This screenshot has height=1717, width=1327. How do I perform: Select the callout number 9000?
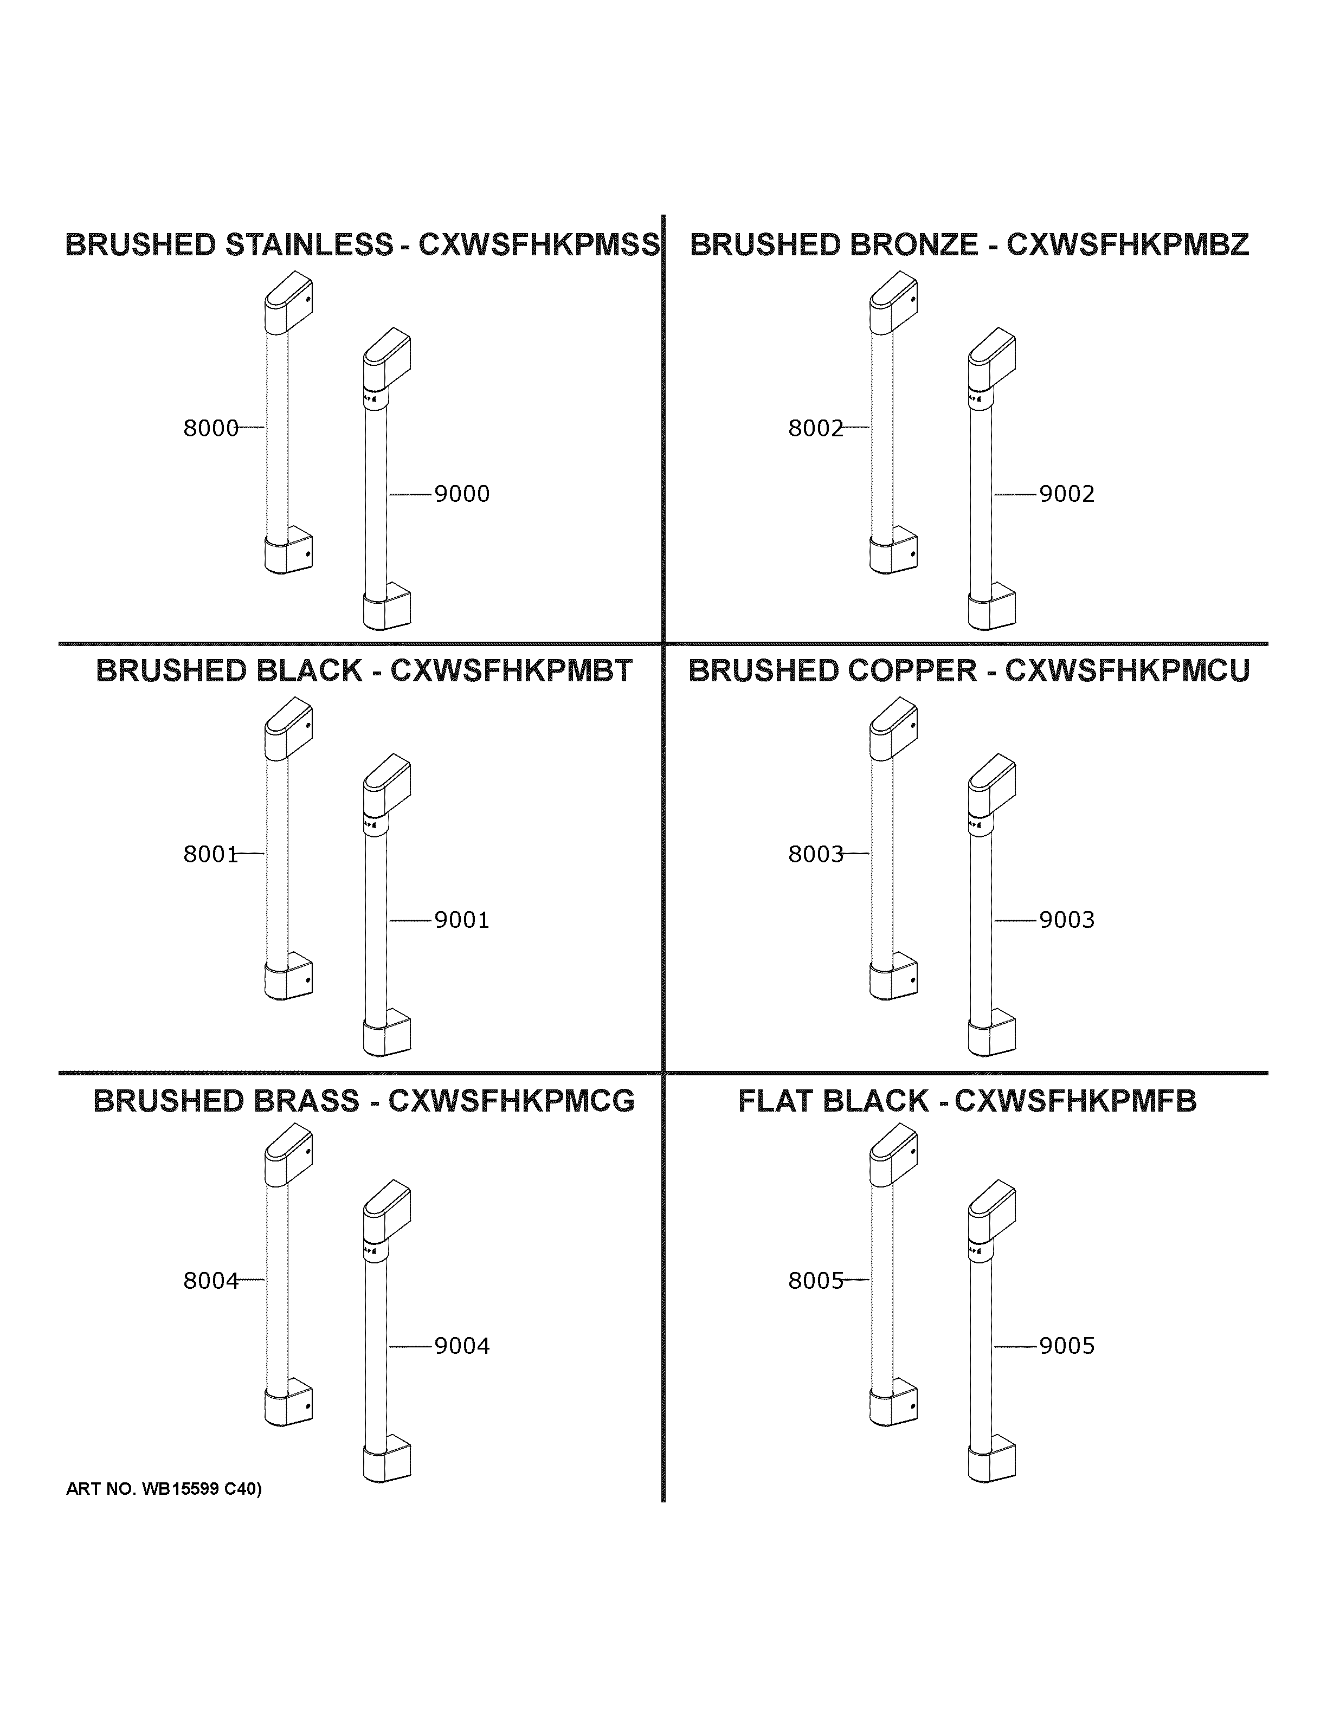[x=462, y=494]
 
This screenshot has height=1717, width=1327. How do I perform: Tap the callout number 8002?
[x=815, y=429]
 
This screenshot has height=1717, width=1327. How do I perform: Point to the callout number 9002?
[x=1067, y=494]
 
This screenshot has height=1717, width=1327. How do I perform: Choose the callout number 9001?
[x=462, y=920]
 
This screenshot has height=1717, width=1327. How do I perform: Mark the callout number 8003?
[x=815, y=854]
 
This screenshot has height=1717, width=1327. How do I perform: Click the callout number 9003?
[x=1067, y=920]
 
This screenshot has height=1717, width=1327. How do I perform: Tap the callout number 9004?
[x=462, y=1346]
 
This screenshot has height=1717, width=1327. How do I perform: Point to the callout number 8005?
[x=815, y=1281]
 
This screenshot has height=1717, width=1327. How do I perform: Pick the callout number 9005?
[x=1067, y=1346]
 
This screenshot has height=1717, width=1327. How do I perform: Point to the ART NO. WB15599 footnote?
[x=164, y=1488]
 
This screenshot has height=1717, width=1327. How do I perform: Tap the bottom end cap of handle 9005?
[x=991, y=1461]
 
